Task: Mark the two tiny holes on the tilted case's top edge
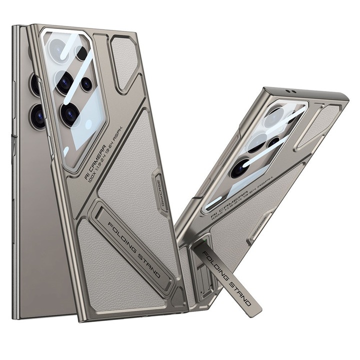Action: [x=286, y=91]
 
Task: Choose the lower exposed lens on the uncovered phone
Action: [x=37, y=116]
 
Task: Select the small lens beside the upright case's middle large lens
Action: [x=86, y=83]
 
